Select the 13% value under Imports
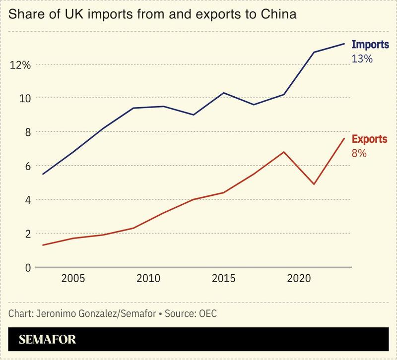tap(362, 59)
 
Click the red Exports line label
tap(369, 139)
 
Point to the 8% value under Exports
tap(359, 153)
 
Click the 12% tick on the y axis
tap(21, 64)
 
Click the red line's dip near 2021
tap(314, 184)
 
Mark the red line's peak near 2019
tap(283, 152)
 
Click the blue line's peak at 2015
tap(224, 93)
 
